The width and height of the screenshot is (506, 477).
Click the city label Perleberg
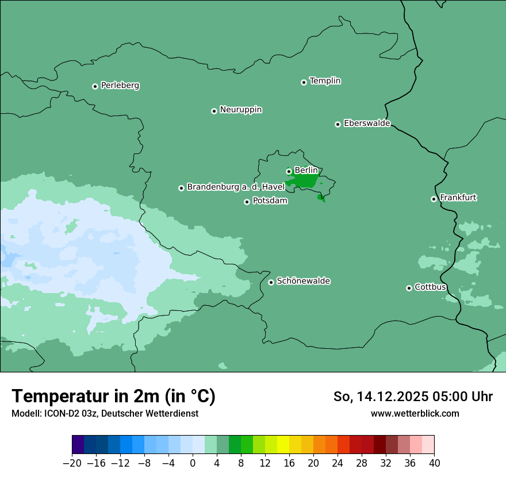coord(120,86)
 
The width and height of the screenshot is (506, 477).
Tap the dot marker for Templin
coord(304,82)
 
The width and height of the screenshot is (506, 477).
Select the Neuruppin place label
coord(240,110)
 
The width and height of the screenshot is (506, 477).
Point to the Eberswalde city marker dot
coord(338,124)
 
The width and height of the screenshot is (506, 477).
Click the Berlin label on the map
coord(306,170)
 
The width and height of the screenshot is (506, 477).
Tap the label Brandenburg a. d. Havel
coord(236,187)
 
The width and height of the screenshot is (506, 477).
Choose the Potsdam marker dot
coord(247,202)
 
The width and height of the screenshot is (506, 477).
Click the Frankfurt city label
coord(458,198)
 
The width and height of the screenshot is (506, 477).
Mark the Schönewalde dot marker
coord(271,282)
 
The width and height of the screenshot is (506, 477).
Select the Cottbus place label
coord(430,287)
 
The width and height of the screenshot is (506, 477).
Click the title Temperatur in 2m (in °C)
coord(113,396)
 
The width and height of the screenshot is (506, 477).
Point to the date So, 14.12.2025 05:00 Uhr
coord(412,397)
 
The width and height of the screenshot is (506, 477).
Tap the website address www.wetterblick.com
coord(415,413)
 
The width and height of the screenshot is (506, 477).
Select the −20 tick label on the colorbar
coord(72,463)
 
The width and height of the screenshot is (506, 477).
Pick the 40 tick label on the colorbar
coord(434,463)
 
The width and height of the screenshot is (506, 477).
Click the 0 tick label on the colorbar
coord(193,463)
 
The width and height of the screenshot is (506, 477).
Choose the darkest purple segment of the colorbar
coord(78,445)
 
